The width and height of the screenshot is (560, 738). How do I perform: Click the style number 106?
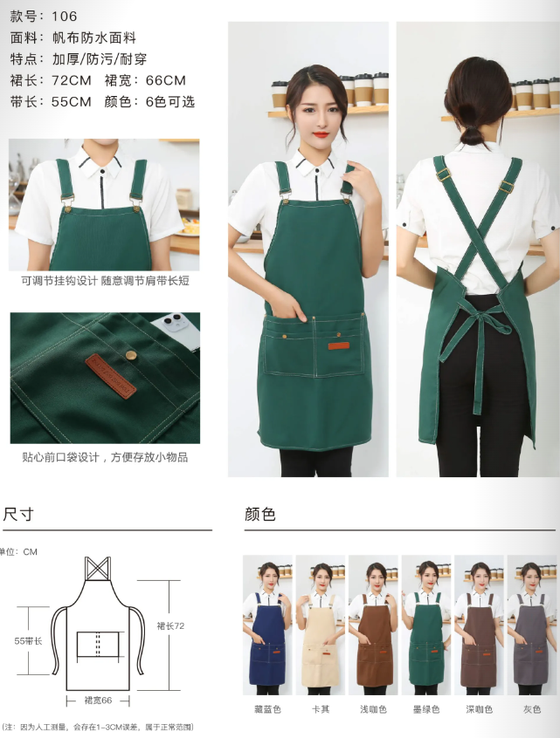64,17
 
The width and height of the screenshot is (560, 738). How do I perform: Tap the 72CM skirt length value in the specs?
71,80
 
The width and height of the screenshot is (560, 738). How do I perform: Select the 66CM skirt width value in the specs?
165,80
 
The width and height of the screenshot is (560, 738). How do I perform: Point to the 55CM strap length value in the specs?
71,102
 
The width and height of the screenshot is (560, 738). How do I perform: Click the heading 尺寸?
18,514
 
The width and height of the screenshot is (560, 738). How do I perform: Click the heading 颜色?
259,514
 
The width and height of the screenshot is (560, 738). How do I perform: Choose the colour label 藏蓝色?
267,709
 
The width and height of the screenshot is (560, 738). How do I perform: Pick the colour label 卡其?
321,709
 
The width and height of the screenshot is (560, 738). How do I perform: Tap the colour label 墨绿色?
426,709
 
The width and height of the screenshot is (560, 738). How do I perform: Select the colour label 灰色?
532,709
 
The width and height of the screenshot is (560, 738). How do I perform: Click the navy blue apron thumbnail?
267,625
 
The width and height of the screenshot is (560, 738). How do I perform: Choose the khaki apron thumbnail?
321,625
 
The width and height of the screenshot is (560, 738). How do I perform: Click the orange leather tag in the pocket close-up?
111,376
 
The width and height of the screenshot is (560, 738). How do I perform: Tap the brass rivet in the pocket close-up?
132,355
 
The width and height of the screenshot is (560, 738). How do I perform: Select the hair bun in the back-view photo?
472,136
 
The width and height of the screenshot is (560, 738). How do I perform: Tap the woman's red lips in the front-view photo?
321,134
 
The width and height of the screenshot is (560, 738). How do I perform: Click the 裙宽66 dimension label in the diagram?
98,700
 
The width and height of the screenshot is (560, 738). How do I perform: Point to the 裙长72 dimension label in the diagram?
170,626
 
